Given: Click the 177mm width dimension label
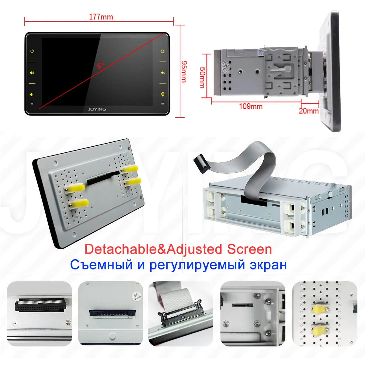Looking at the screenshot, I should point(101,17).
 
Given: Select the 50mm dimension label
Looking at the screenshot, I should point(202,78).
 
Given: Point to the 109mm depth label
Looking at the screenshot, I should point(251,106).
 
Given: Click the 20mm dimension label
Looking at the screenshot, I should point(308,111).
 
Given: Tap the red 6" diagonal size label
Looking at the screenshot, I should point(100,66).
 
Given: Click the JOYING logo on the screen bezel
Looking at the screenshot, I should point(97,109).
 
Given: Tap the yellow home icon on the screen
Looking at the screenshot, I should point(163,51).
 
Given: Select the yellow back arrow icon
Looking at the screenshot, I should point(163,73).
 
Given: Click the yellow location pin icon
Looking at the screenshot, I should point(163,94).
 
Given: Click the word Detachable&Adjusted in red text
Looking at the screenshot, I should point(153,249).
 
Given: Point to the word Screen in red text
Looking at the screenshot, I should point(249,249).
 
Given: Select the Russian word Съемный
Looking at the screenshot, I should point(101,265).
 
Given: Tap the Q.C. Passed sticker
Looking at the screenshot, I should point(137,296).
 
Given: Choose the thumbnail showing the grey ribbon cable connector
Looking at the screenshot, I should point(180,314).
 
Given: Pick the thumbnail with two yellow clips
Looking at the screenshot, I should point(325,314).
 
